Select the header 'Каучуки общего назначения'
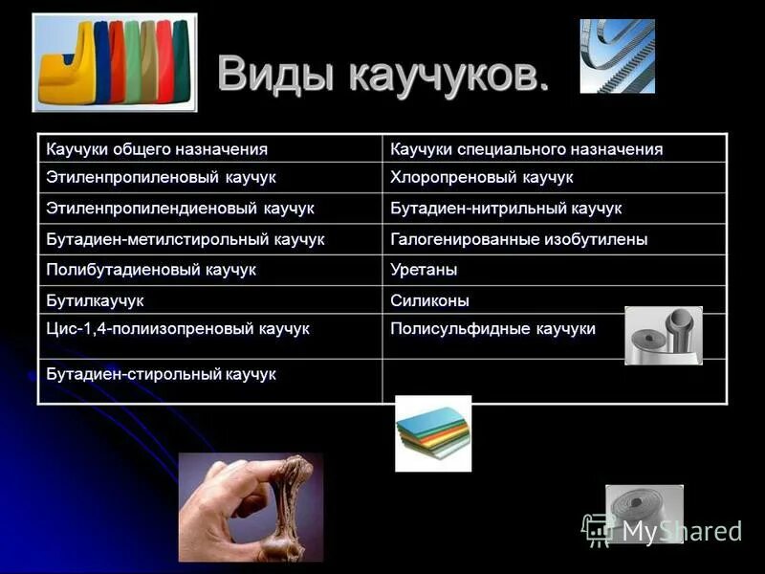pyautogui.click(x=157, y=149)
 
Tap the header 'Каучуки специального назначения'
pyautogui.click(x=526, y=149)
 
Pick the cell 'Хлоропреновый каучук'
pyautogui.click(x=481, y=178)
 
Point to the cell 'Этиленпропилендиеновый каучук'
pyautogui.click(x=180, y=208)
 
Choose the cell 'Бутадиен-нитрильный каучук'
pyautogui.click(x=506, y=208)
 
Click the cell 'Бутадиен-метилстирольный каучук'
pyautogui.click(x=186, y=238)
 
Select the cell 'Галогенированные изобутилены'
pyautogui.click(x=518, y=238)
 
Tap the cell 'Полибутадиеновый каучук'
pyautogui.click(x=151, y=269)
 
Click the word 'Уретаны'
pyautogui.click(x=424, y=269)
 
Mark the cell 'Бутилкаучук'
pyautogui.click(x=95, y=300)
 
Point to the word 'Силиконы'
pyautogui.click(x=429, y=300)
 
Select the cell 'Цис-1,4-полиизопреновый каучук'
pyautogui.click(x=178, y=329)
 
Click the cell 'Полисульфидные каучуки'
pyautogui.click(x=492, y=329)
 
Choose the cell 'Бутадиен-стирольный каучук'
pyautogui.click(x=161, y=374)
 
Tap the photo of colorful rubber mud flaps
pyautogui.click(x=115, y=62)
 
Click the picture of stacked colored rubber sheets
pyautogui.click(x=433, y=433)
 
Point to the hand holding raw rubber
pyautogui.click(x=251, y=507)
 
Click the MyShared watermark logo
pyautogui.click(x=663, y=529)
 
